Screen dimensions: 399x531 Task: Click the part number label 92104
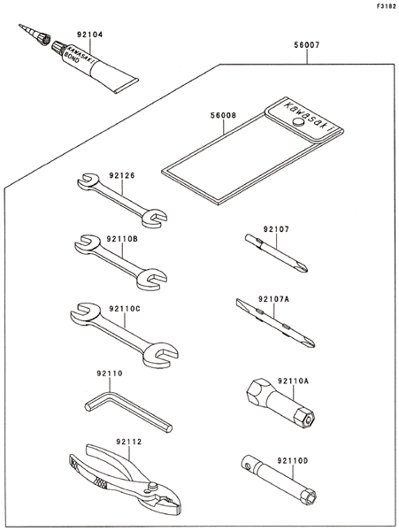click(x=89, y=35)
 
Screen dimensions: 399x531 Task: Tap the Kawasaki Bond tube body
click(x=98, y=68)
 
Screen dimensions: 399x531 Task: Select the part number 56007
click(x=306, y=45)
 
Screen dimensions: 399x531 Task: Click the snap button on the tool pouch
click(x=298, y=122)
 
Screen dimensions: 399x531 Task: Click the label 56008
click(x=223, y=115)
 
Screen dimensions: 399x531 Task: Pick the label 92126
click(x=122, y=175)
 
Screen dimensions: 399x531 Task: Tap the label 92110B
click(x=122, y=239)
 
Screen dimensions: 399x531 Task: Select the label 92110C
click(x=125, y=309)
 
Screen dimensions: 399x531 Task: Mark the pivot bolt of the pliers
click(x=152, y=486)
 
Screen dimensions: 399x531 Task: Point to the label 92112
click(x=129, y=442)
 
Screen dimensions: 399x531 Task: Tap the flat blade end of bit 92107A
click(x=240, y=302)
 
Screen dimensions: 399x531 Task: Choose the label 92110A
click(x=294, y=381)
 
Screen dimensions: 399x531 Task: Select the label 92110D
click(x=293, y=460)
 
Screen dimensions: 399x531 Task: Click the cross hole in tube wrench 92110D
click(x=249, y=466)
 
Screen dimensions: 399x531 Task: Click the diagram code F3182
click(x=387, y=6)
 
